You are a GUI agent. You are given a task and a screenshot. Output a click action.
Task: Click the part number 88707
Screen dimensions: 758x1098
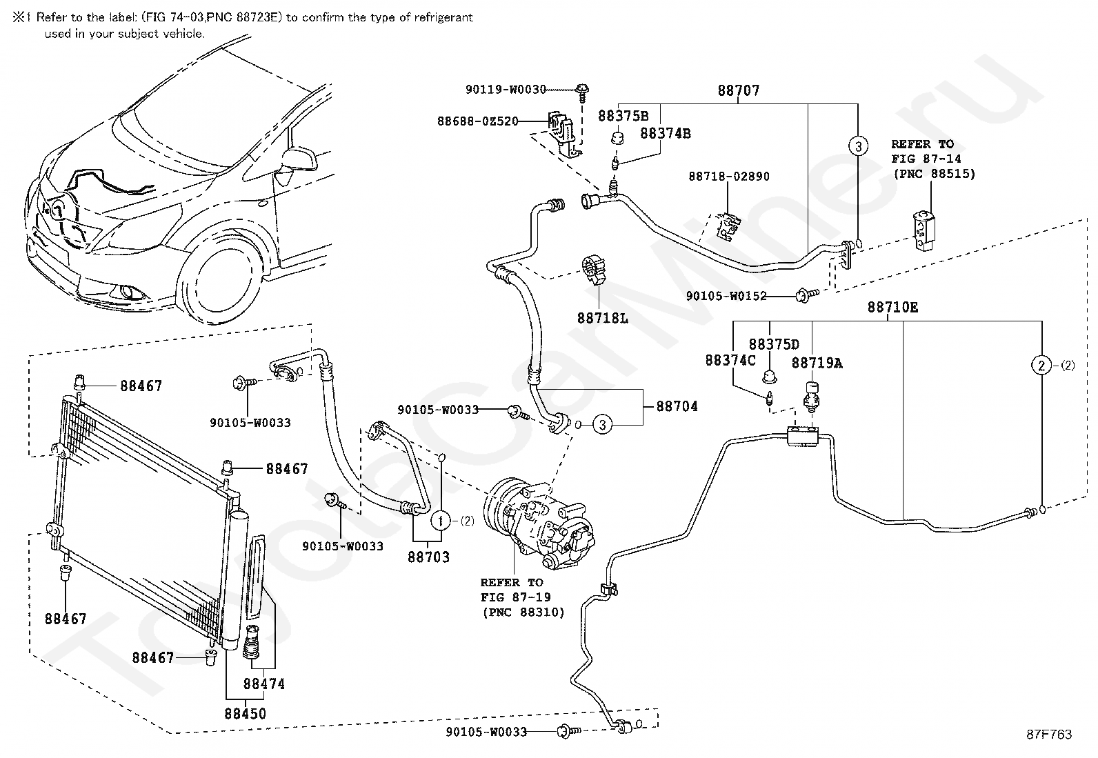point(739,90)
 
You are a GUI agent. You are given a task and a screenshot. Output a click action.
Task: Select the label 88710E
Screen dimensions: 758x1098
point(892,308)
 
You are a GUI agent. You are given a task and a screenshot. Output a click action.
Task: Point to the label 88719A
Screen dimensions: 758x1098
point(817,363)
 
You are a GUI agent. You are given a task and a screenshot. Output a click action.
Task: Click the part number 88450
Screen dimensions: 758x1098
point(246,714)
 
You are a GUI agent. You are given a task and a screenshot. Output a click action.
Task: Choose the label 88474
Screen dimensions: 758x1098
point(263,684)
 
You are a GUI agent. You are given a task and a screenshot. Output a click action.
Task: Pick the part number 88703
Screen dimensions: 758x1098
point(428,557)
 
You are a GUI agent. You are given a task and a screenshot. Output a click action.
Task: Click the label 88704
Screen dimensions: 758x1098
point(677,406)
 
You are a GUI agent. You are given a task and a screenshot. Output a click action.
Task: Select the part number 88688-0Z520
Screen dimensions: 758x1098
point(477,121)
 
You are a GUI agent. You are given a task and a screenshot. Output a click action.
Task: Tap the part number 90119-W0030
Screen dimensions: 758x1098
point(506,89)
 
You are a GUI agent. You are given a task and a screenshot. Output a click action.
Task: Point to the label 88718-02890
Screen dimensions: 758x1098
point(729,177)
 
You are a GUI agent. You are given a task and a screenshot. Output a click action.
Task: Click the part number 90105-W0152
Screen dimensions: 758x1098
point(726,296)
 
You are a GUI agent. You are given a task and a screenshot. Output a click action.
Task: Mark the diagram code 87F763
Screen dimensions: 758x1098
point(1048,735)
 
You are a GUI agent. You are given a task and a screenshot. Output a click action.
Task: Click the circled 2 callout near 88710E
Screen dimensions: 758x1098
point(1041,366)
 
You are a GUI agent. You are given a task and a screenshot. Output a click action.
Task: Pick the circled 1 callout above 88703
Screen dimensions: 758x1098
point(441,521)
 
